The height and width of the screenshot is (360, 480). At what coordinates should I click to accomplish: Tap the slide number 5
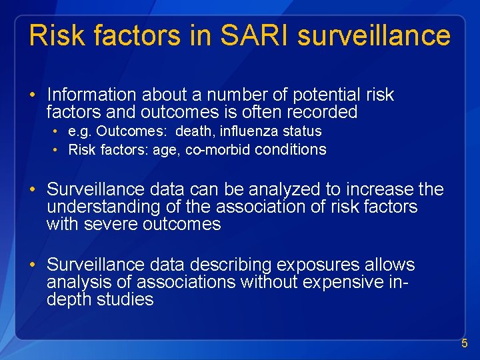[x=465, y=344]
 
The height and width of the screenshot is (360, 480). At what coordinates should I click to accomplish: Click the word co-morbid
[x=217, y=150]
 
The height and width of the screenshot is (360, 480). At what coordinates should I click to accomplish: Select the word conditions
[x=291, y=149]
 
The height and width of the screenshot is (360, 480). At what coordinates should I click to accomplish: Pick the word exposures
[x=311, y=265]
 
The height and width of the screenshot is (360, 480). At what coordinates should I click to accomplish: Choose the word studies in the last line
[x=125, y=300]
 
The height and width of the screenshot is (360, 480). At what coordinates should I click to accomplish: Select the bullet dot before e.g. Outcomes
[x=59, y=131]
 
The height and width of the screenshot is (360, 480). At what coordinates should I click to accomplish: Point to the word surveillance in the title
[x=374, y=35]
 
